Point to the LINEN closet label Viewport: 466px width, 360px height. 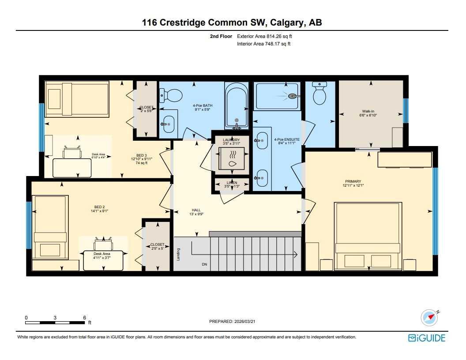coord(232,183)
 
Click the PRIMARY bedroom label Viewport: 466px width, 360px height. coord(353,181)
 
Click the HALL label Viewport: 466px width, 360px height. coord(196,210)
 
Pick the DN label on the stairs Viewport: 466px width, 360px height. coord(204,264)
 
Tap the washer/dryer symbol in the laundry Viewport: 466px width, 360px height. coord(232,158)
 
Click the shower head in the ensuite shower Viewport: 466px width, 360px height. coord(293,95)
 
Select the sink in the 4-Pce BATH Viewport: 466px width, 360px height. coord(168,124)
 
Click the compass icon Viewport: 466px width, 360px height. coord(429,317)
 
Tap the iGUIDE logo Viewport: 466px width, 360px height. coord(426,338)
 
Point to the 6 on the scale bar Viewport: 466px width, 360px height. coord(84,318)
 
